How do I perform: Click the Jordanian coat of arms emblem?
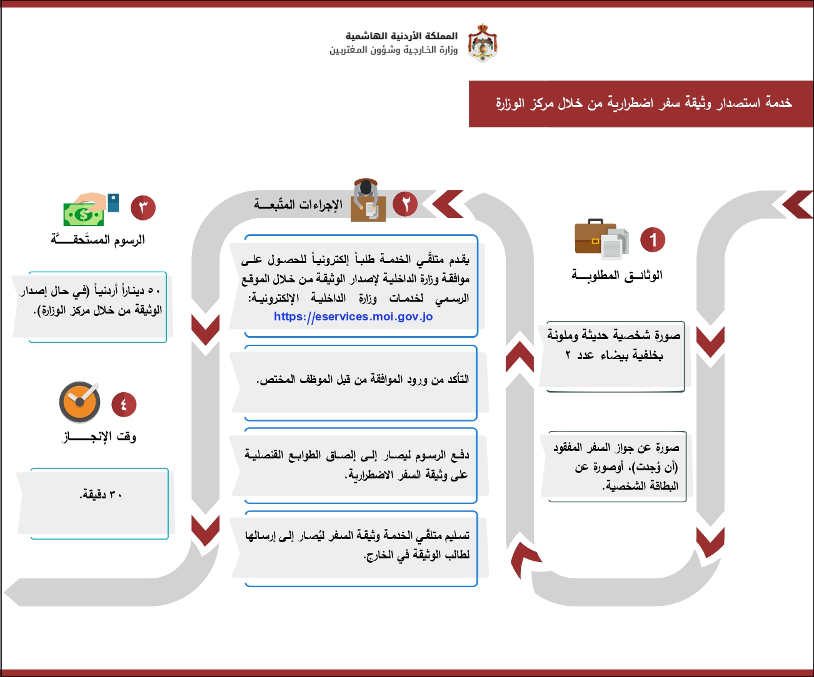[483, 42]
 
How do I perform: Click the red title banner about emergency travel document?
[641, 104]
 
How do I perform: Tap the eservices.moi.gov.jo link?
[353, 317]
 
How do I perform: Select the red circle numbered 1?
[653, 240]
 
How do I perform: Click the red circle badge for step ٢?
[405, 204]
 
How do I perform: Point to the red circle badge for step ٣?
[143, 207]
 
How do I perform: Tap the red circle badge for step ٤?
[124, 405]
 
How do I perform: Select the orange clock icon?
[80, 402]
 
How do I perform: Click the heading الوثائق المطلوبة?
[617, 275]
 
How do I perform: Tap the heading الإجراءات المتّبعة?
[298, 205]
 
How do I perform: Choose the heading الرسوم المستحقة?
[98, 240]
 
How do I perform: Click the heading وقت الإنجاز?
[100, 437]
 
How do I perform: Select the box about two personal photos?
[613, 346]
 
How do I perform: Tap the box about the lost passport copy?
[616, 467]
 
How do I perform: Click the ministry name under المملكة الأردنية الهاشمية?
[393, 50]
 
